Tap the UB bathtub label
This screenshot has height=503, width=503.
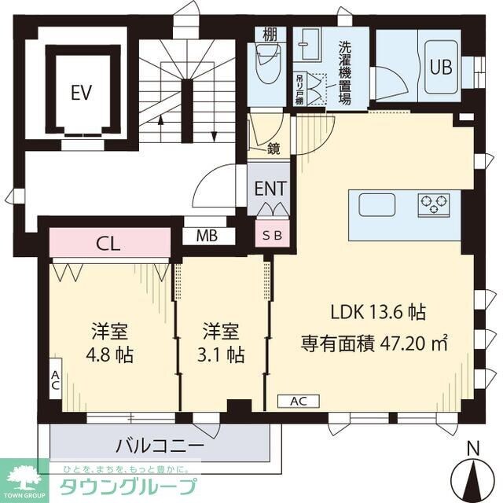pos(440,66)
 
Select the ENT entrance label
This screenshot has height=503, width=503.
pos(270,188)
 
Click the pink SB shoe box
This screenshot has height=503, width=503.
pos(269,234)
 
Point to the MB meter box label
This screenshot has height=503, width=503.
pos(207,235)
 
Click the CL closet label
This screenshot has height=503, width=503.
pos(108,243)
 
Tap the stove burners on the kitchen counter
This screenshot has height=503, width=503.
pos(434,204)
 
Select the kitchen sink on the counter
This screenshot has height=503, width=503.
pos(379,204)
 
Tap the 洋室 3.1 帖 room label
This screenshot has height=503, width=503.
pos(220,342)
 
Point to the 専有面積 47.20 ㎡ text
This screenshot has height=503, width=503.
pos(374,343)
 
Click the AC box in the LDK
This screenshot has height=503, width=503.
pos(298,402)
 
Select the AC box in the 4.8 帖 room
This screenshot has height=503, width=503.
pos(55,382)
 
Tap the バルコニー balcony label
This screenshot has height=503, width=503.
pos(160,446)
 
